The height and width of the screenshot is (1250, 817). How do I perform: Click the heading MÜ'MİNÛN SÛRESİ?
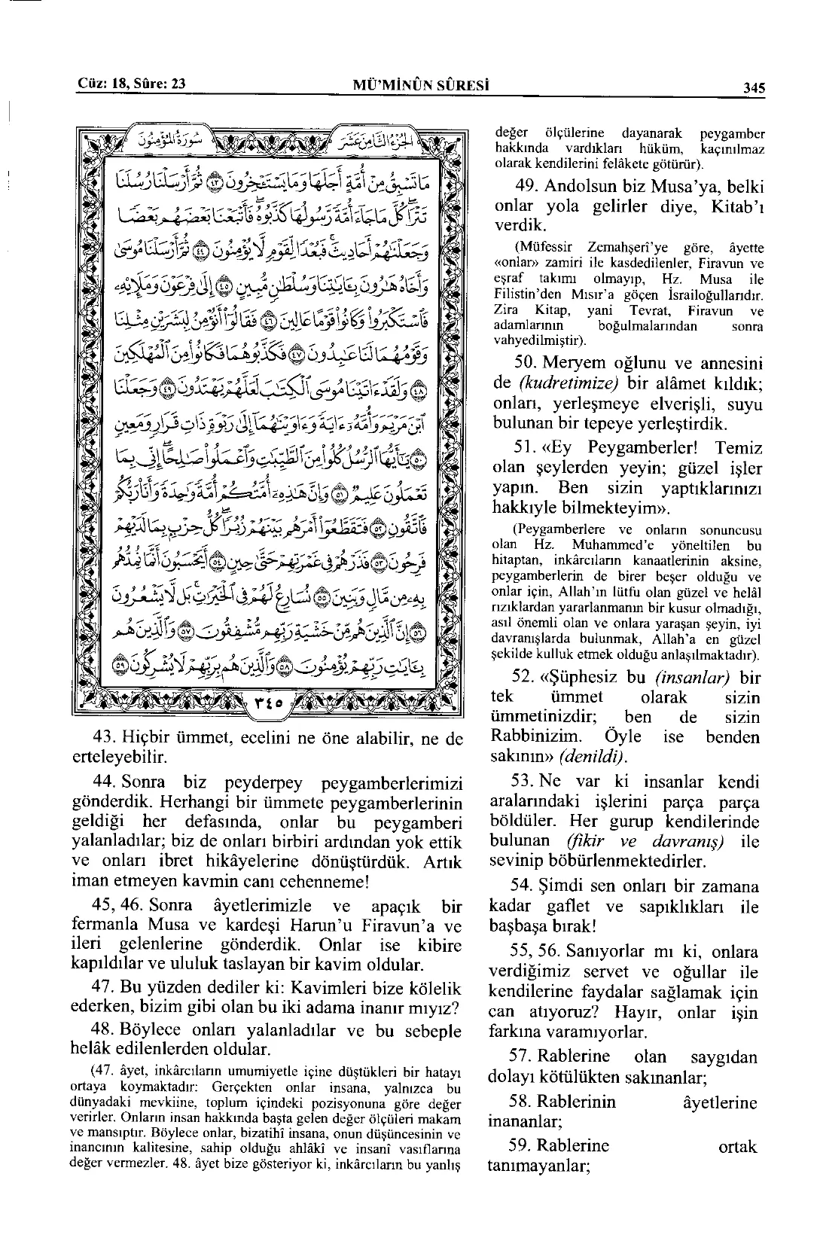point(421,85)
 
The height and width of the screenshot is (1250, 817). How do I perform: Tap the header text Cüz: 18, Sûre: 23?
point(132,84)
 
